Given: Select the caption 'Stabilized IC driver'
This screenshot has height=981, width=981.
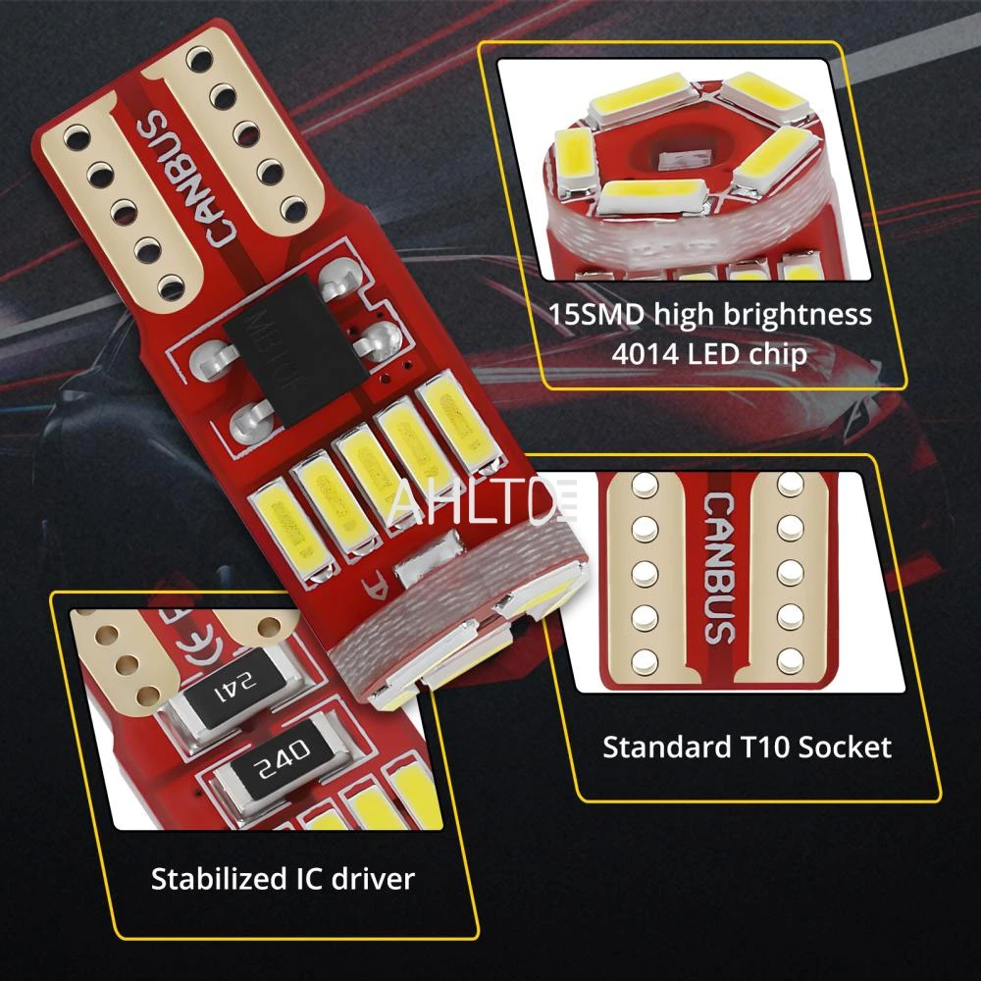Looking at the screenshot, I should coord(283,878).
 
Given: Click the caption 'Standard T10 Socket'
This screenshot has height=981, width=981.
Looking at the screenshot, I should coord(747,748).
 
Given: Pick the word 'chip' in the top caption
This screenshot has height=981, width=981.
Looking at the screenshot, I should coord(782,353).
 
